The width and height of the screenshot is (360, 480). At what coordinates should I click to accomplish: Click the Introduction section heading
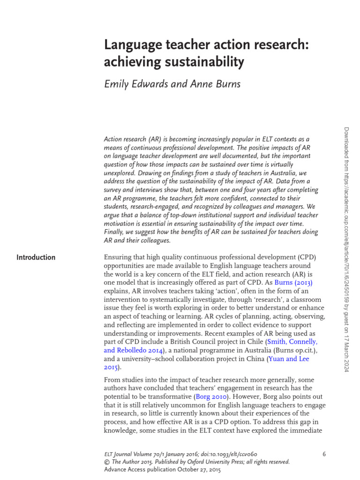(x=36, y=257)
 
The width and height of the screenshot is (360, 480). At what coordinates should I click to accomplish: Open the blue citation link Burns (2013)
(x=293, y=283)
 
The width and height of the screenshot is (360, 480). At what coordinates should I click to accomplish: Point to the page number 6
(x=324, y=454)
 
